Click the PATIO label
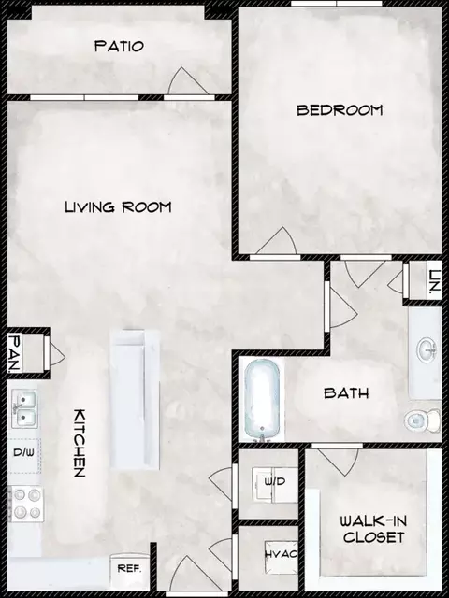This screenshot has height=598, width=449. pyautogui.click(x=121, y=46)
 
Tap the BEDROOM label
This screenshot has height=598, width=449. pyautogui.click(x=340, y=109)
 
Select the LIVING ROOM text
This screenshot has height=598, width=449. pyautogui.click(x=118, y=206)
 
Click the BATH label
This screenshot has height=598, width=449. pyautogui.click(x=346, y=393)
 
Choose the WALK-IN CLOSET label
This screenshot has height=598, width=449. pyautogui.click(x=372, y=528)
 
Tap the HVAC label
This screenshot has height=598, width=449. pyautogui.click(x=280, y=554)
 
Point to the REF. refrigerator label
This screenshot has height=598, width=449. pyautogui.click(x=128, y=567)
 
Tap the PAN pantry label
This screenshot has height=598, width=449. pyautogui.click(x=16, y=352)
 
